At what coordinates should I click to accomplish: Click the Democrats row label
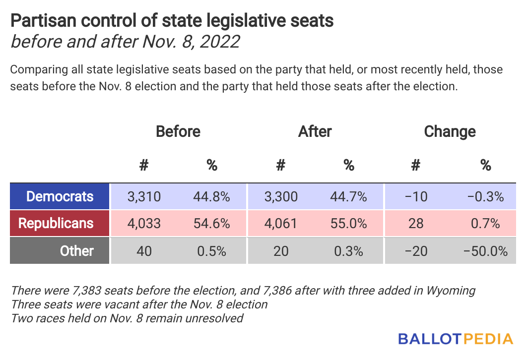tap(60, 196)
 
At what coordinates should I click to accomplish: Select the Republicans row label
tap(56, 223)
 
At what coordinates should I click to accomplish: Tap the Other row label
tap(76, 250)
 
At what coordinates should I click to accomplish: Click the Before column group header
tap(178, 131)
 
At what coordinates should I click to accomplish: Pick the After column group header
tap(315, 131)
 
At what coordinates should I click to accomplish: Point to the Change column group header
tap(450, 131)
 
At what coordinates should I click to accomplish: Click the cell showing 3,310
tap(144, 196)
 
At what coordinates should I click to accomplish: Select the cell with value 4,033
tap(144, 223)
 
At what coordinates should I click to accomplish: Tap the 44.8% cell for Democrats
tap(211, 196)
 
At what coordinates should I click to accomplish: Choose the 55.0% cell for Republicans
tap(348, 223)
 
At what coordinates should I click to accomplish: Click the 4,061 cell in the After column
tap(281, 223)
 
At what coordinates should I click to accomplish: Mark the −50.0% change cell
tap(485, 251)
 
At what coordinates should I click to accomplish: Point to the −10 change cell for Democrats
tap(416, 196)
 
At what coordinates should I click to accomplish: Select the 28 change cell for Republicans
tap(416, 223)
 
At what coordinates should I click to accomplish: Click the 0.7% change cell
tap(485, 223)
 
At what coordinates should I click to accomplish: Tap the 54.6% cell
tap(211, 223)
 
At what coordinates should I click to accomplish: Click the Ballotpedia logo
tap(455, 339)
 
